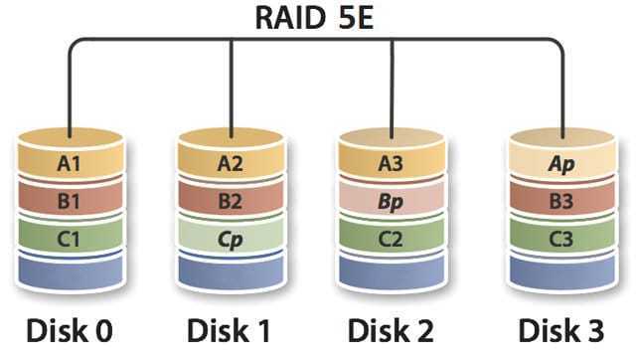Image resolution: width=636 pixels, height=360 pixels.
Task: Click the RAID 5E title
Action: point(314,18)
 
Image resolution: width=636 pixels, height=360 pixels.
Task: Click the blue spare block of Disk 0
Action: point(71,271)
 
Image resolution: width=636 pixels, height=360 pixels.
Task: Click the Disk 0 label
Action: point(70,331)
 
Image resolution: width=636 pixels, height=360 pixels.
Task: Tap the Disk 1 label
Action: point(229,331)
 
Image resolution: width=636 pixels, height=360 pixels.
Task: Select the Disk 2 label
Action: point(391,331)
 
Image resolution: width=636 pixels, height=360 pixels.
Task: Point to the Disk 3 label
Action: point(561,331)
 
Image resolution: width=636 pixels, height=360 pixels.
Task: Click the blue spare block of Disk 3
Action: point(562,271)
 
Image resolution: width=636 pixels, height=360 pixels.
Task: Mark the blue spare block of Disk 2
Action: point(392,271)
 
